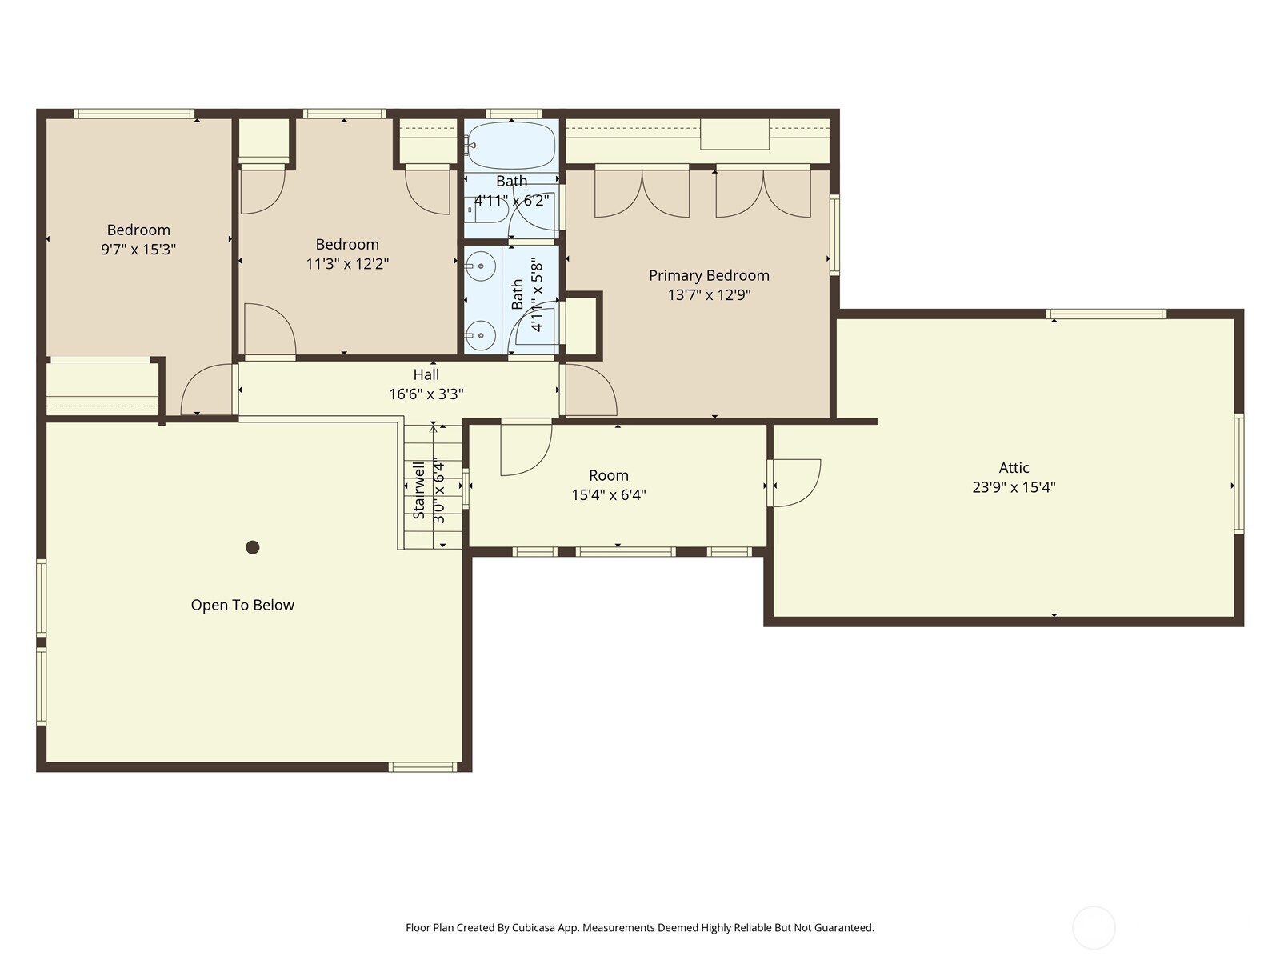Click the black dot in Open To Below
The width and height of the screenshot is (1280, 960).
[x=253, y=547]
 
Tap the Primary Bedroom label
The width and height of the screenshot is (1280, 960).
[x=709, y=275]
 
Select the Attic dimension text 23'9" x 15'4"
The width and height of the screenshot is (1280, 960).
[x=1014, y=487]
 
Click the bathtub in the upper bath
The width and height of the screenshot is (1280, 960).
[x=511, y=145]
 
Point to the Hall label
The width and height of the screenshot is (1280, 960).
[x=426, y=374]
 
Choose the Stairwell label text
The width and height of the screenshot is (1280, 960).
[x=418, y=490]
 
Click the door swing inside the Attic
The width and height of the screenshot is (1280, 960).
[x=797, y=482]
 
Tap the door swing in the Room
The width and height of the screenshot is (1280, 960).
[x=526, y=447]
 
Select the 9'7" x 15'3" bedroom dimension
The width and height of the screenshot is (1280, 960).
[x=138, y=250]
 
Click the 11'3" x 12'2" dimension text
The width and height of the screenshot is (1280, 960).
[x=347, y=264]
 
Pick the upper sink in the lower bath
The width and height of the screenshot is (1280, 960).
[x=481, y=265]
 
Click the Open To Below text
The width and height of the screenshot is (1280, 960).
[x=242, y=606]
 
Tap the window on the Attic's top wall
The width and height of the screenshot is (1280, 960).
[x=1106, y=314]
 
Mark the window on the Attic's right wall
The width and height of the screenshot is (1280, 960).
[x=1238, y=474]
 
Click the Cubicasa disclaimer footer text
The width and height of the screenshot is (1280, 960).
[x=639, y=928]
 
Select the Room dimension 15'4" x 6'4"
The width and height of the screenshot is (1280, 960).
[x=609, y=495]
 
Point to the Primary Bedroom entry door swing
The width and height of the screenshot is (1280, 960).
[x=590, y=390]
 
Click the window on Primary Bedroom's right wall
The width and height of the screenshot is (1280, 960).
[x=834, y=235]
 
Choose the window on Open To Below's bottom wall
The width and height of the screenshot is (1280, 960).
[x=422, y=767]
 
